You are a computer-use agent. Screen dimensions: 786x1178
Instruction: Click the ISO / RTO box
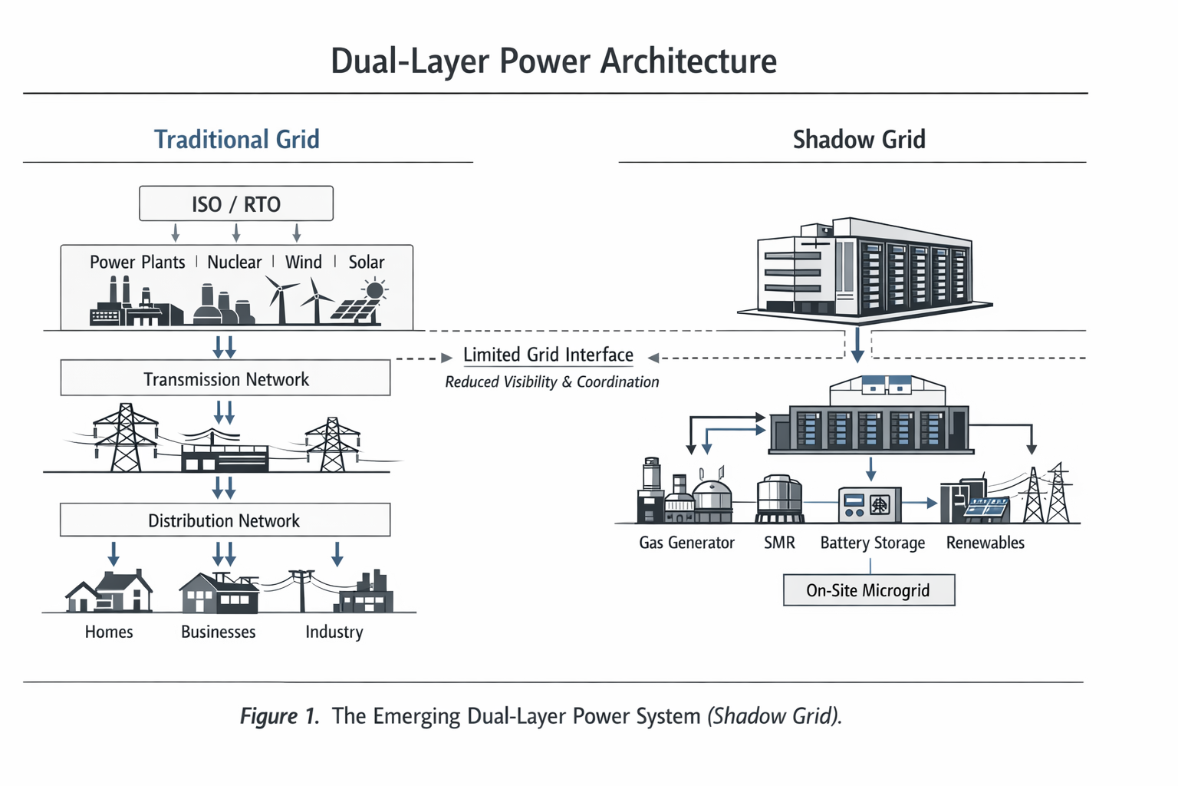236,204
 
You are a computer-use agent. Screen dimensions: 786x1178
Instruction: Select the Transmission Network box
225,378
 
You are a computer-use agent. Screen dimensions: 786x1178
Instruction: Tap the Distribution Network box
225,520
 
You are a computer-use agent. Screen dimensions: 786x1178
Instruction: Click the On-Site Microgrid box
868,590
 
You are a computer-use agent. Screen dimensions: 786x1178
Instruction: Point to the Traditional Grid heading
236,140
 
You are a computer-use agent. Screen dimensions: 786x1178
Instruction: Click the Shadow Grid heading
858,140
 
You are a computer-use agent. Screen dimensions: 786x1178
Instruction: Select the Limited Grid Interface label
548,355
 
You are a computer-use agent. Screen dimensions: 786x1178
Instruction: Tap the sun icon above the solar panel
374,290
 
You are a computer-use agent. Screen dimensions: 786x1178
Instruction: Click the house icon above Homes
109,592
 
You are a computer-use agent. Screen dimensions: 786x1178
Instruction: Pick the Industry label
334,632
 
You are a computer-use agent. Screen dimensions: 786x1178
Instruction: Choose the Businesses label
218,632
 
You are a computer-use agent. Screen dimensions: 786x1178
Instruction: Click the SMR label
779,543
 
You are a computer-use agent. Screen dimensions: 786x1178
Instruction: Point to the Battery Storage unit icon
870,504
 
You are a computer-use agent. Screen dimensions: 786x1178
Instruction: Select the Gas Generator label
686,543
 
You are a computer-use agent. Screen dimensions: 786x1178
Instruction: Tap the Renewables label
985,543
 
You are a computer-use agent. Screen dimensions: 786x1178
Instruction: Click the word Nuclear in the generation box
234,263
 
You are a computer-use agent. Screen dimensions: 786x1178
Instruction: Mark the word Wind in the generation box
303,263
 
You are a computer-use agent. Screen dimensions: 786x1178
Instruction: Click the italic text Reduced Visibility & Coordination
551,382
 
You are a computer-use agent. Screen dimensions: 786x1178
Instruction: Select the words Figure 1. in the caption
279,716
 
